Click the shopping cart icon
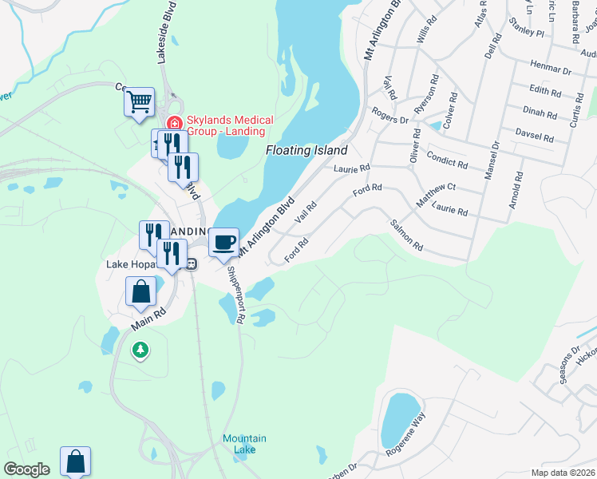[x=139, y=101]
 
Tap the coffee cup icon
[x=224, y=241]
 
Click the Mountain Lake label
[x=244, y=444]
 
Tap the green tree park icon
[x=140, y=349]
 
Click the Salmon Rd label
[x=406, y=237]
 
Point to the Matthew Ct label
[x=435, y=195]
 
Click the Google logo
[x=27, y=469]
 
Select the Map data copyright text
[x=563, y=473]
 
